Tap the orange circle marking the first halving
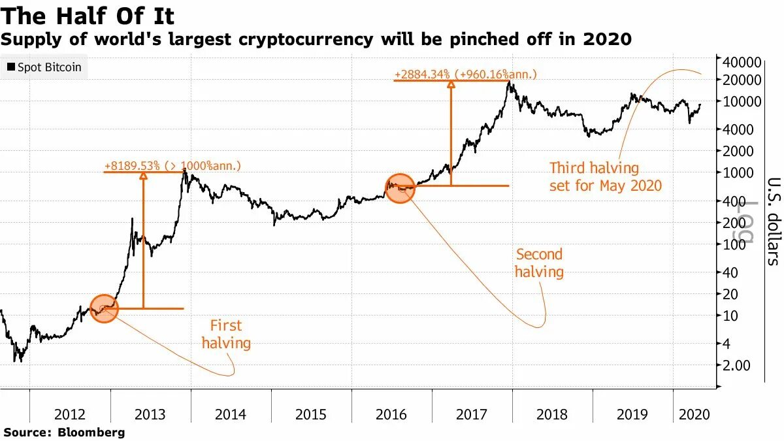(x=104, y=308)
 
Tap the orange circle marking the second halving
(x=400, y=188)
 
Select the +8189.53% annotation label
(x=172, y=166)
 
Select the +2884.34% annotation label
(x=465, y=74)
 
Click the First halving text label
(x=226, y=334)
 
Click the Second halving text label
(x=539, y=263)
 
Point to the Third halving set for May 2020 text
(x=606, y=177)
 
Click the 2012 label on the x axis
(x=70, y=414)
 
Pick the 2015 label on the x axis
(x=311, y=414)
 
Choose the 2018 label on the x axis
(x=552, y=414)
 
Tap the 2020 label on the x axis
(x=694, y=414)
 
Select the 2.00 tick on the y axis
(x=736, y=365)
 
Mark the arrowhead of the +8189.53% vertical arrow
(x=144, y=174)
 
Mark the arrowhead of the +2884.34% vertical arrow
(x=450, y=83)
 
